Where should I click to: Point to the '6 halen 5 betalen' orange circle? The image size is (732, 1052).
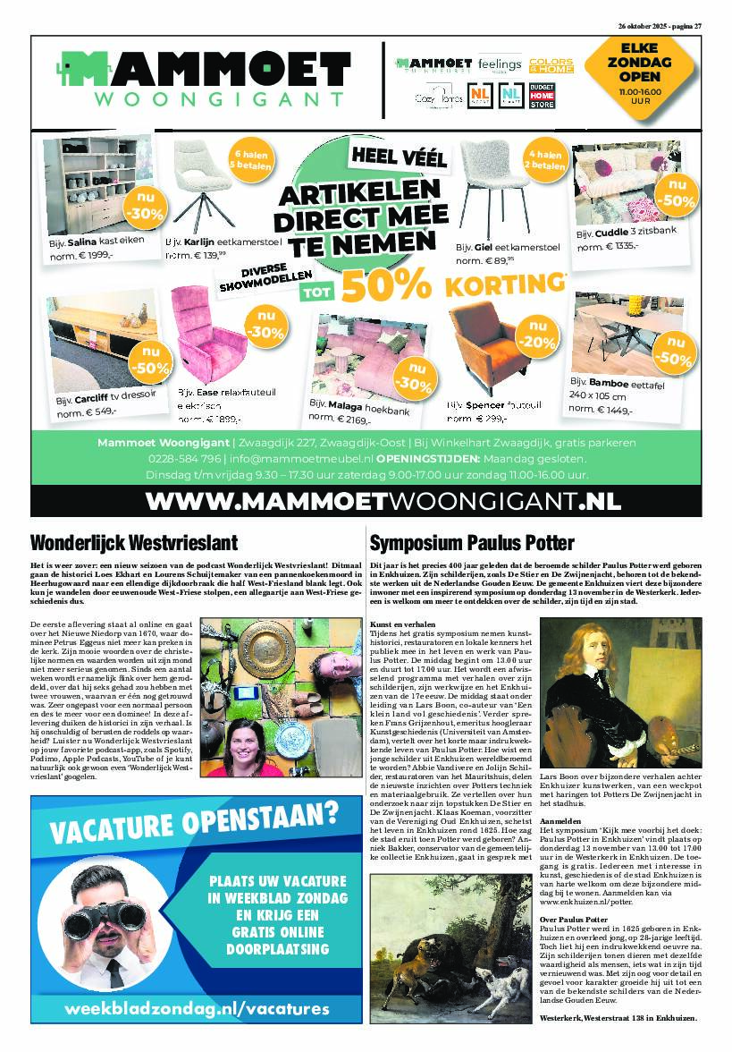click(x=251, y=158)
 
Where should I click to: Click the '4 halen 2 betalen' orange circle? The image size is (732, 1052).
click(x=545, y=158)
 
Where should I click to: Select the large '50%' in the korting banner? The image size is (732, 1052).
click(x=386, y=285)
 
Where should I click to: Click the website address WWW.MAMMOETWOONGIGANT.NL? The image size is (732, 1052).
click(x=366, y=501)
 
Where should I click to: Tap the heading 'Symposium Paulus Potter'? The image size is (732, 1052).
click(x=472, y=542)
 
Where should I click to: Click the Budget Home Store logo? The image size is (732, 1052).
click(x=543, y=96)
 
